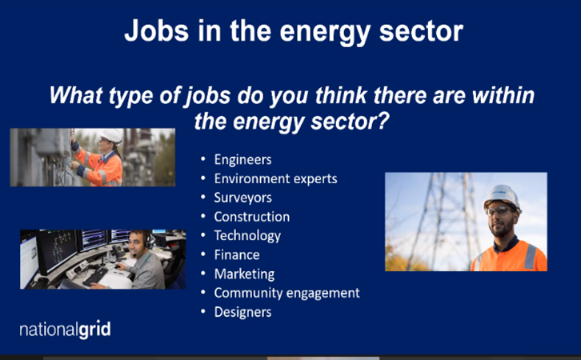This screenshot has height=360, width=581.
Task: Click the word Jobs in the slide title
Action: pyautogui.click(x=157, y=31)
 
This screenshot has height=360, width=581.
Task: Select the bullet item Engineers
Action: pyautogui.click(x=242, y=160)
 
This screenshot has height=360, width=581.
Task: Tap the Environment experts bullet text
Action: pyautogui.click(x=275, y=179)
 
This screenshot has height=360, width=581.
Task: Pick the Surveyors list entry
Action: pyautogui.click(x=242, y=198)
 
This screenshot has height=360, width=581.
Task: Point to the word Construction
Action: pyautogui.click(x=252, y=217)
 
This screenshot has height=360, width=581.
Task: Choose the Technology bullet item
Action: pyautogui.click(x=247, y=236)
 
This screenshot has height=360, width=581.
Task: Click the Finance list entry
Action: pyautogui.click(x=237, y=255)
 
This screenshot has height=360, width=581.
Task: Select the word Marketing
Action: pyautogui.click(x=244, y=274)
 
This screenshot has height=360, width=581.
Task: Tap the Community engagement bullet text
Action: pyautogui.click(x=286, y=294)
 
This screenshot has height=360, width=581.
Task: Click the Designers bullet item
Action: pyautogui.click(x=242, y=312)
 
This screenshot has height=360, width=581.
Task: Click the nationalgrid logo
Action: pyautogui.click(x=65, y=330)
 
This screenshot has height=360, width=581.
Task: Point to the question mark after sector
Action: pyautogui.click(x=383, y=121)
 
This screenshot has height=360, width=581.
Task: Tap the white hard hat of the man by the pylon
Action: pyautogui.click(x=502, y=198)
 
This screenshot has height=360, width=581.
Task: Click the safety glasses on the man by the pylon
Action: pyautogui.click(x=499, y=211)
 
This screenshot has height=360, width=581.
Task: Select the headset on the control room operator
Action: pyautogui.click(x=147, y=242)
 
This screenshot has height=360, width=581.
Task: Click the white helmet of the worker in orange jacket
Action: pyautogui.click(x=111, y=135)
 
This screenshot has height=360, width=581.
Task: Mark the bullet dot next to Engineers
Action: pyautogui.click(x=203, y=159)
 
